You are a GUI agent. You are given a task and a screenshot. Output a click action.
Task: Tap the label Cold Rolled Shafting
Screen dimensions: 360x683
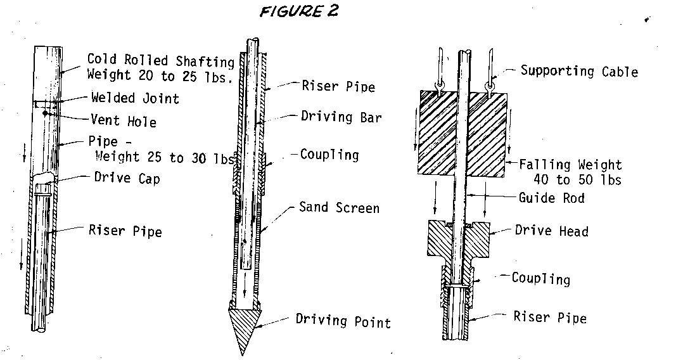coord(161,60)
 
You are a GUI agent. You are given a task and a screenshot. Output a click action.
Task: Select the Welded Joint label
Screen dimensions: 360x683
coord(135,98)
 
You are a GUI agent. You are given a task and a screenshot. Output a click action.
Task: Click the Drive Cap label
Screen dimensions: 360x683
coord(127,178)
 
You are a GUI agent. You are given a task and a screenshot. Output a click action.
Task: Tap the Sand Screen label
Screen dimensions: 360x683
coord(339,207)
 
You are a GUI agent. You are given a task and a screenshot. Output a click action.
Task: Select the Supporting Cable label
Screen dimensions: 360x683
coord(579,71)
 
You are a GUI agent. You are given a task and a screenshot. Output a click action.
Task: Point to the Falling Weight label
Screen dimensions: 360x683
coord(570,165)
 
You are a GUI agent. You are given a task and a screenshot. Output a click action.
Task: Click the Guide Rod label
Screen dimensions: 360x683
coord(551,198)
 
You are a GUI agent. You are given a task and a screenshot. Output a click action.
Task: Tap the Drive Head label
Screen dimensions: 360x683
coord(551,231)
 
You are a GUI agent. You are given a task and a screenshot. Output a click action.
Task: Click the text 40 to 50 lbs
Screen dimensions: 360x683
coord(577,180)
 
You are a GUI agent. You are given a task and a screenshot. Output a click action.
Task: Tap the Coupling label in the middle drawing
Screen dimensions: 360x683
coord(329,155)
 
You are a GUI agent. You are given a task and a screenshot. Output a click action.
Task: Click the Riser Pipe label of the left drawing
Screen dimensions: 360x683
coord(125,231)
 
